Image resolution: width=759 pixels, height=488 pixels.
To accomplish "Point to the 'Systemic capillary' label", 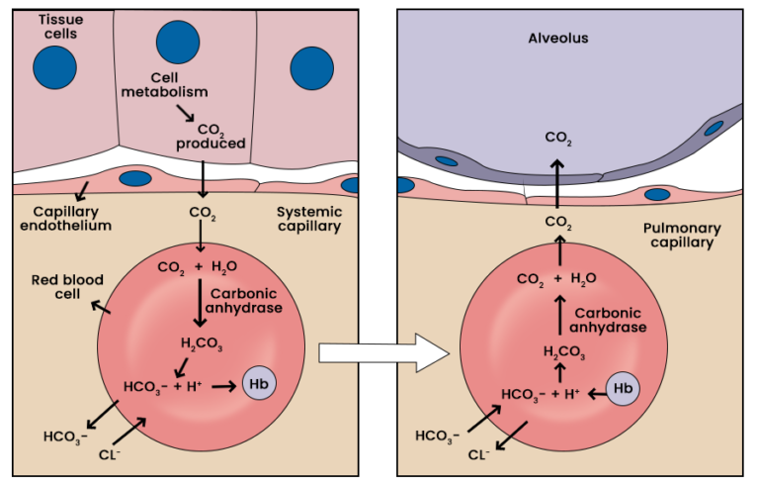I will click(x=308, y=218).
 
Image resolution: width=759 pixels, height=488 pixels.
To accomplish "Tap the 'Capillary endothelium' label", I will click(x=72, y=218).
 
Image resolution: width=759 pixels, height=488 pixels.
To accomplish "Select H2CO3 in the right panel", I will click(x=563, y=350).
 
